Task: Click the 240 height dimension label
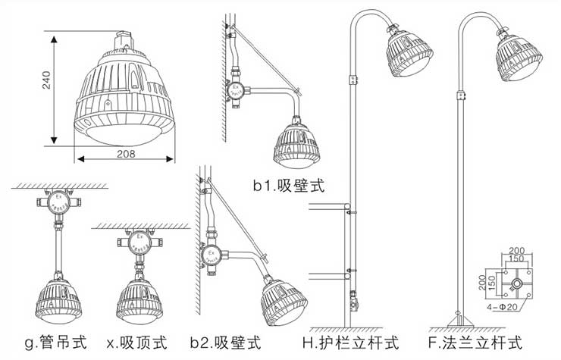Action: point(46,87)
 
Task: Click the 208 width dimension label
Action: point(126,153)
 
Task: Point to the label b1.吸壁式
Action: point(288,185)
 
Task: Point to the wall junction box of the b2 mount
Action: point(211,256)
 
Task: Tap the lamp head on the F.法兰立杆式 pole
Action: point(520,58)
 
